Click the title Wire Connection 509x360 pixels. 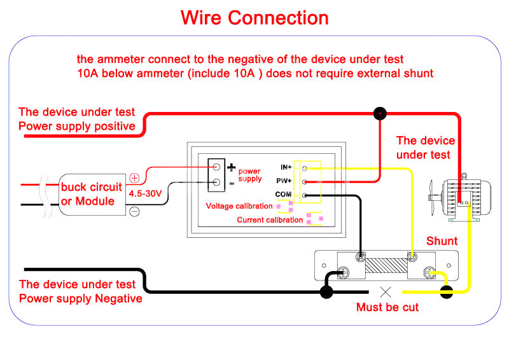254,18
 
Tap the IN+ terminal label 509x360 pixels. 286,167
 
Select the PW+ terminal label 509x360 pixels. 285,181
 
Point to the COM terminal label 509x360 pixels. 284,195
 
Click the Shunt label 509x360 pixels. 442,241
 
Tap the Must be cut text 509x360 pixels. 387,307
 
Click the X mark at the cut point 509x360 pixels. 386,293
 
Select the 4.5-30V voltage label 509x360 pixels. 145,193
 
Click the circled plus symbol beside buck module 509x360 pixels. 134,179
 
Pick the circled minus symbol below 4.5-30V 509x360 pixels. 134,211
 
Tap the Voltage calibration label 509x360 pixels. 239,206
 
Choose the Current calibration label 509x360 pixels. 270,220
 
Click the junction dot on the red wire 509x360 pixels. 380,114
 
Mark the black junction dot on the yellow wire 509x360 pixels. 447,292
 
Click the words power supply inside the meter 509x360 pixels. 249,175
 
